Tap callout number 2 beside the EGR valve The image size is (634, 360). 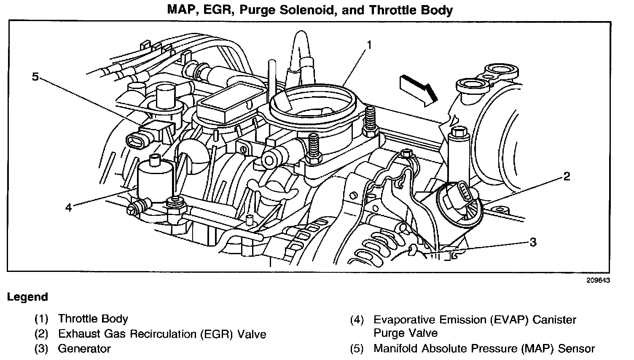pyautogui.click(x=567, y=176)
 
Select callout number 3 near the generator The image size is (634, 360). pyautogui.click(x=533, y=242)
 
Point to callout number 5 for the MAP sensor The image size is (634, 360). pyautogui.click(x=35, y=76)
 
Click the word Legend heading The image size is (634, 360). pyautogui.click(x=27, y=297)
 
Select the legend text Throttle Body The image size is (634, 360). pyautogui.click(x=93, y=319)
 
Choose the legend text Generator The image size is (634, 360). pyautogui.click(x=84, y=349)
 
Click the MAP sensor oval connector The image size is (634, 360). pyautogui.click(x=137, y=140)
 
